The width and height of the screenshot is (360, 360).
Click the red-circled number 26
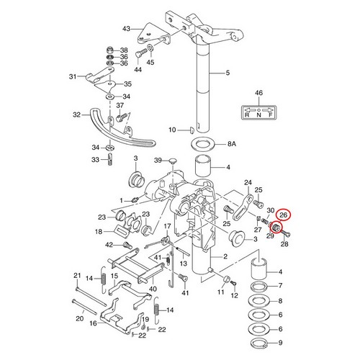pyautogui.click(x=283, y=215)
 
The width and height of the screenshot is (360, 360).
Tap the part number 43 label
pyautogui.click(x=126, y=29)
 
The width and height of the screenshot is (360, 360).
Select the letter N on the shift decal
pyautogui.click(x=258, y=114)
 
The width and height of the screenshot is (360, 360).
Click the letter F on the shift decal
pyautogui.click(x=271, y=114)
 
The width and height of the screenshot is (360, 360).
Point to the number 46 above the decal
pyautogui.click(x=258, y=93)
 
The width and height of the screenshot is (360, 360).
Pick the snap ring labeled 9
pyautogui.click(x=259, y=343)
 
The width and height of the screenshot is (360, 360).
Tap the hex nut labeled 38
pyautogui.click(x=110, y=50)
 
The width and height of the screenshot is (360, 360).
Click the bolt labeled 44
pyautogui.click(x=140, y=53)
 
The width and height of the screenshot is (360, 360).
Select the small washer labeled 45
pyautogui.click(x=150, y=47)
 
